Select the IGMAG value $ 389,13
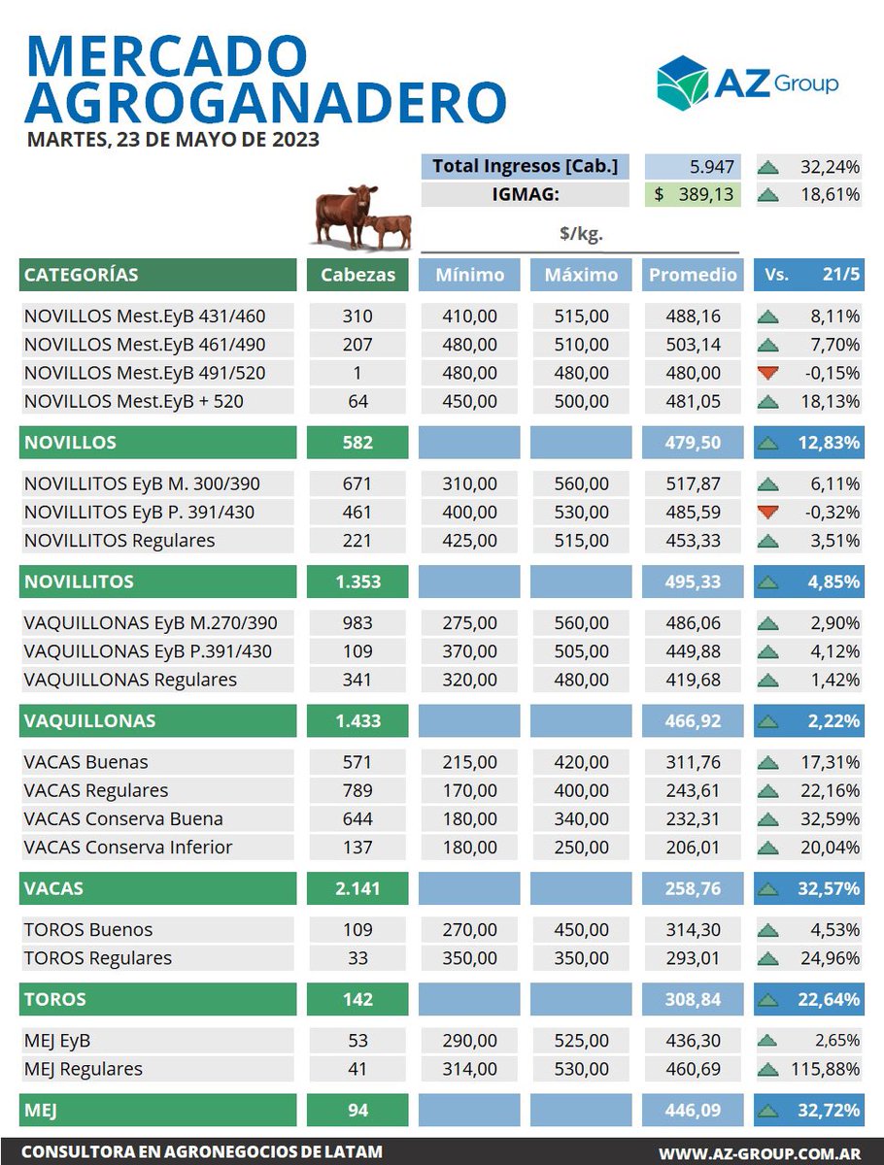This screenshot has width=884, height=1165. point(693,194)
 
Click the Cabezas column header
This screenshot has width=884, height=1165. point(357,275)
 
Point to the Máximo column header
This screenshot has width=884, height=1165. point(581,275)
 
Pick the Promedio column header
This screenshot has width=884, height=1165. point(693,275)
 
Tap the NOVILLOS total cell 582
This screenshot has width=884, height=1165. point(357,443)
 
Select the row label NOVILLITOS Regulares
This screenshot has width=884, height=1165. point(119,540)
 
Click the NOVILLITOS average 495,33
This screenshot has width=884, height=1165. point(693,582)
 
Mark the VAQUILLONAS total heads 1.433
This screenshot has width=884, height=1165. point(357,721)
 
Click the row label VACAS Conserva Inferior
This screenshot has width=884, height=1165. point(128,847)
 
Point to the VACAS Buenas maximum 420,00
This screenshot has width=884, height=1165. point(581,762)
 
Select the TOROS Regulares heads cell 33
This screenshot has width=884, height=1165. point(357,958)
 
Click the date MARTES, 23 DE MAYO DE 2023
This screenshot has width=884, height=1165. point(174,139)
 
